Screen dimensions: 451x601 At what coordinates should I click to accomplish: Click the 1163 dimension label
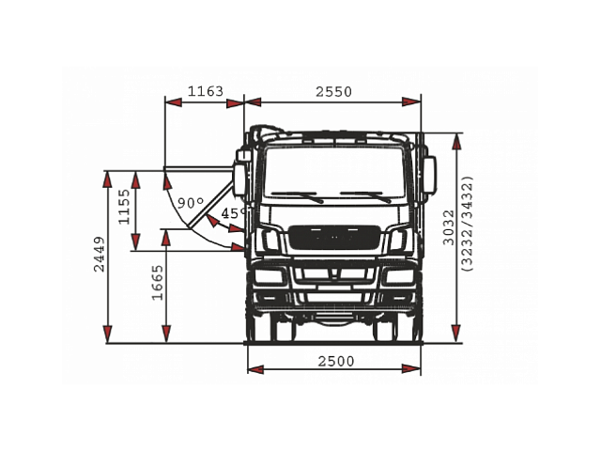205,91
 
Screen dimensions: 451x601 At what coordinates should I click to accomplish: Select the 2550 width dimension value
333,91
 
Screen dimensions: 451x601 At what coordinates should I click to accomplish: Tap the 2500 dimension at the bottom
335,362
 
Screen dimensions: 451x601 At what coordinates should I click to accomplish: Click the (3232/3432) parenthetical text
467,225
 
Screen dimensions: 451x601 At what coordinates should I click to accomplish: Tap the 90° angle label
189,203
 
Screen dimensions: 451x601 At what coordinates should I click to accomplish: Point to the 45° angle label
233,213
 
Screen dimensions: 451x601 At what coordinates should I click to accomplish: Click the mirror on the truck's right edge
430,173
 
